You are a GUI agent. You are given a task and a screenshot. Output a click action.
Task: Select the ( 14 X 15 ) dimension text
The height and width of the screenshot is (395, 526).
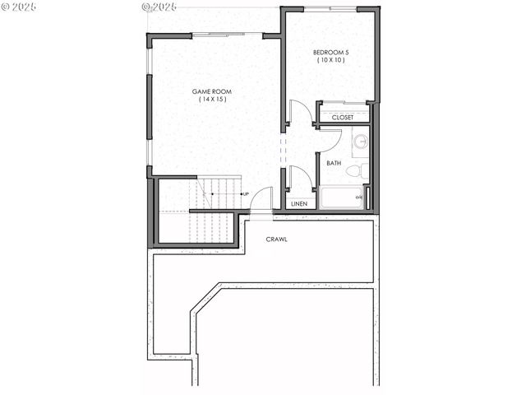click(x=211, y=100)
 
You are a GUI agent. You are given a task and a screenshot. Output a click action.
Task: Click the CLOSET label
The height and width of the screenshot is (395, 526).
click(x=343, y=118)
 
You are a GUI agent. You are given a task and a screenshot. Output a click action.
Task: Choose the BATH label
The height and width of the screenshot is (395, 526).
click(x=334, y=163)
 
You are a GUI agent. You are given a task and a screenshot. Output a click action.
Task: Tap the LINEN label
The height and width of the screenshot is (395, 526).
click(x=299, y=203)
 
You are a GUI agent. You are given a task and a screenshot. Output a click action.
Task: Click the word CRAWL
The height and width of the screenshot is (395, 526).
click(x=276, y=239)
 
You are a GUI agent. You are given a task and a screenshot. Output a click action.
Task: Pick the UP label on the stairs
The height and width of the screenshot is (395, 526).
click(x=246, y=193)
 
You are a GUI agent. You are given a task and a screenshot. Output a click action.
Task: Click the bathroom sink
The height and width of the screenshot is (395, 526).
click(x=360, y=142)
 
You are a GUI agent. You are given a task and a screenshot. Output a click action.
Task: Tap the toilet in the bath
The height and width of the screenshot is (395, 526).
click(x=355, y=171)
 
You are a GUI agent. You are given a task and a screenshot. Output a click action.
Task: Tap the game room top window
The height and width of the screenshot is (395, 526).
click(x=228, y=35)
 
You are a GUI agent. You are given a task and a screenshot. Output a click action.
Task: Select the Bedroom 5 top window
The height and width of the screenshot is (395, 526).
click(x=330, y=8)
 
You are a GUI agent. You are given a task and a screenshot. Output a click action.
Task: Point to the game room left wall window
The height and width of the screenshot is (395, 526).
click(x=149, y=107)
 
